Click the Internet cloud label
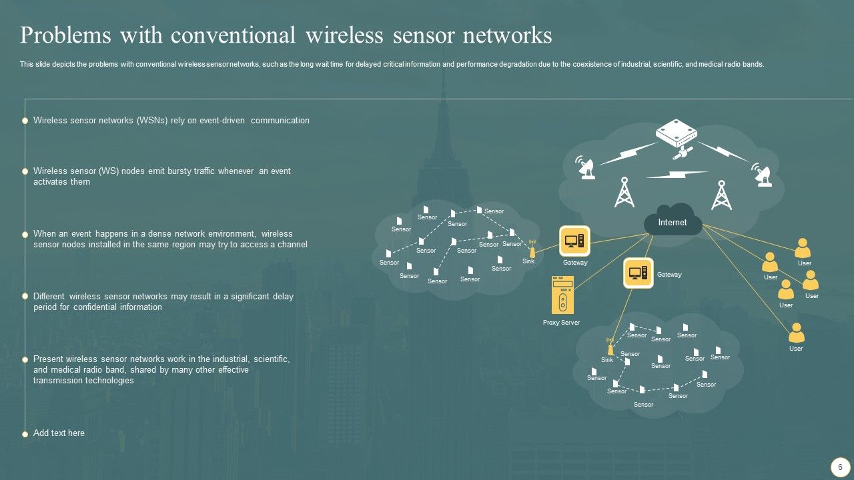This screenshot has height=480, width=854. pyautogui.click(x=672, y=223)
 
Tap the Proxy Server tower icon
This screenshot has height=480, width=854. pyautogui.click(x=562, y=295)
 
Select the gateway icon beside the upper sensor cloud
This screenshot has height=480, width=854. pyautogui.click(x=574, y=241)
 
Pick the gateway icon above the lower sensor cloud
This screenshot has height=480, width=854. pyautogui.click(x=638, y=273)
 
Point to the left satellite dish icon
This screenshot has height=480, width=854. pyautogui.click(x=586, y=169)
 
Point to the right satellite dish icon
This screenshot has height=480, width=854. pyautogui.click(x=763, y=175)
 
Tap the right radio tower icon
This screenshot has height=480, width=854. pyautogui.click(x=721, y=195)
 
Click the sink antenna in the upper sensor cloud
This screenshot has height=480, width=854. pyautogui.click(x=532, y=249)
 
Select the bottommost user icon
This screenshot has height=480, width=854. pyautogui.click(x=796, y=333)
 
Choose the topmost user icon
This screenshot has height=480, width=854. pyautogui.click(x=803, y=249)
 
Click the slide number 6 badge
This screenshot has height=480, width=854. pyautogui.click(x=840, y=467)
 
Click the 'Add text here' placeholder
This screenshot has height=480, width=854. pyautogui.click(x=59, y=433)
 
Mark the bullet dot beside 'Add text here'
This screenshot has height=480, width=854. pyautogui.click(x=25, y=434)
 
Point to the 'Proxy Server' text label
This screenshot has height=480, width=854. pyautogui.click(x=561, y=323)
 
